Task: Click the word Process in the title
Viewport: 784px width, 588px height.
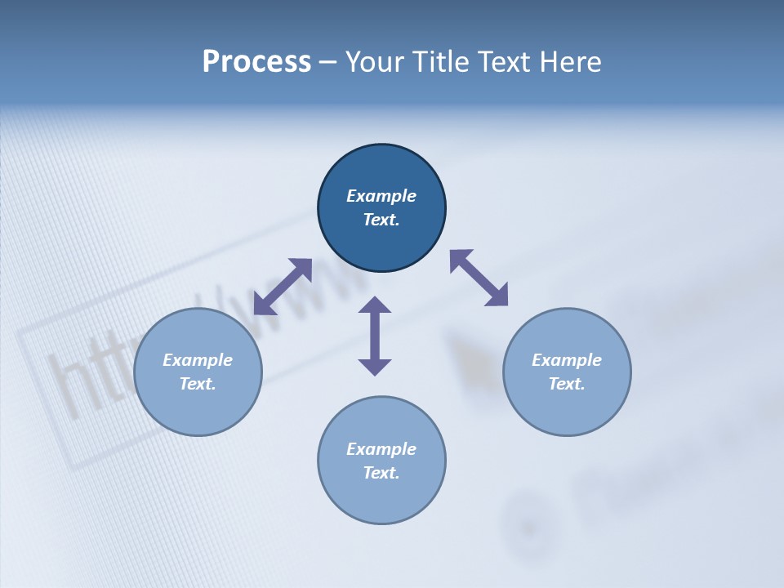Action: (x=256, y=62)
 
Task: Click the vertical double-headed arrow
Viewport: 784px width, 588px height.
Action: (x=375, y=336)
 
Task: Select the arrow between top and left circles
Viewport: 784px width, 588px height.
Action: (x=283, y=287)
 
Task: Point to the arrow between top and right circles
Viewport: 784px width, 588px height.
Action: (x=479, y=278)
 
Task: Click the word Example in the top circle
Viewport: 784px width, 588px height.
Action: (x=381, y=196)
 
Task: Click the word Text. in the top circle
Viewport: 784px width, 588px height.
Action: (x=381, y=220)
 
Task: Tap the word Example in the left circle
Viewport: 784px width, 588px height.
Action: (x=198, y=360)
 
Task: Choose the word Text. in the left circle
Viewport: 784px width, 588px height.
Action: (x=198, y=384)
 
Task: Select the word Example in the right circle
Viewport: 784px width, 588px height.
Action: (x=567, y=360)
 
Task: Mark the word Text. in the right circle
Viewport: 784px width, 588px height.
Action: (x=567, y=384)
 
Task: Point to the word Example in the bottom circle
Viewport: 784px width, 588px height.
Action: (x=381, y=449)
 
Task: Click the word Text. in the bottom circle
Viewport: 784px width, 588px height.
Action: (x=381, y=473)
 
